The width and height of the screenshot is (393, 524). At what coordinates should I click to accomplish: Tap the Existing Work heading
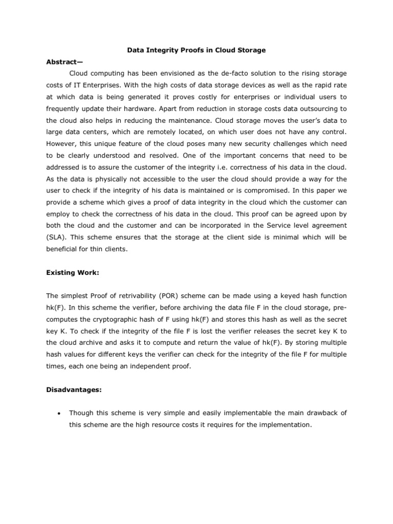[72, 273]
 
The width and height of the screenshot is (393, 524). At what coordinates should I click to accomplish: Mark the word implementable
[238, 413]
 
